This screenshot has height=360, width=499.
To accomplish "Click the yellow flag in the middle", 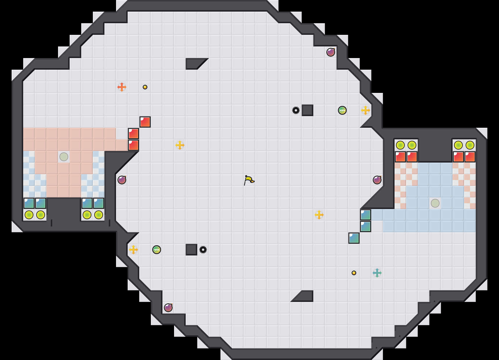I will click(x=249, y=180).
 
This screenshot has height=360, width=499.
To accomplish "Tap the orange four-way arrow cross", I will click(x=122, y=87).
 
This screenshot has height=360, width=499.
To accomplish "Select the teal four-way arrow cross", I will click(x=377, y=273).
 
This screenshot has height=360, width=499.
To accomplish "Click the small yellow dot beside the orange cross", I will click(x=145, y=87).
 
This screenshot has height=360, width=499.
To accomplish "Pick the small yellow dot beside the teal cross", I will click(x=354, y=273).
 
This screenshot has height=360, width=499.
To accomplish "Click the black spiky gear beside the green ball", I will click(x=296, y=110).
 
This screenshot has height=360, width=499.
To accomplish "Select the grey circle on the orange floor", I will click(x=64, y=157).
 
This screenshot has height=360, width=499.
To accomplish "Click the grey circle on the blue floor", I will click(x=435, y=203).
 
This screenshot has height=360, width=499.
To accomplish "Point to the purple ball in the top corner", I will click(x=331, y=52).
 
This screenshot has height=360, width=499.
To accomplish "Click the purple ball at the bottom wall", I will click(x=168, y=308).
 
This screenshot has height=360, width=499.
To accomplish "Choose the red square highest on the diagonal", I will click(x=145, y=122).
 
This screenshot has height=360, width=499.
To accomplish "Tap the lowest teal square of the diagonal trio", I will click(x=354, y=238).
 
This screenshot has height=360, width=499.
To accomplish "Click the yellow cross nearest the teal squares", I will click(x=319, y=215).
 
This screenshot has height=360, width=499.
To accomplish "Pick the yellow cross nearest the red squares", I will click(x=180, y=145).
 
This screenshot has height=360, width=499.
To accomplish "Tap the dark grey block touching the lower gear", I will click(x=191, y=250).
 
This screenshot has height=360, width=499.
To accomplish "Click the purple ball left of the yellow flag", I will click(x=122, y=180).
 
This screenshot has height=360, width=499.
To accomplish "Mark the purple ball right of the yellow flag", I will click(x=377, y=180).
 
